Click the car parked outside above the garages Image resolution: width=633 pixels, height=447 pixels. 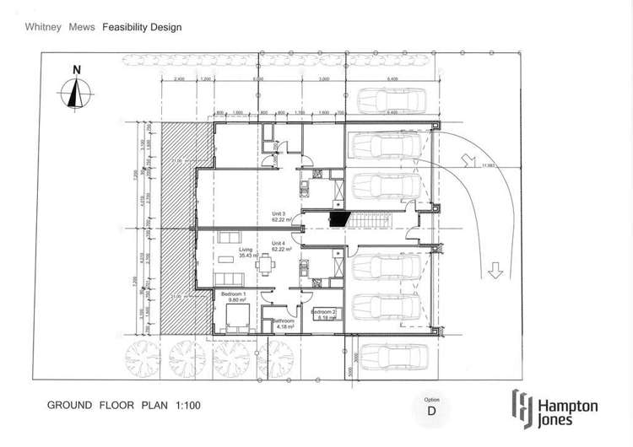[x=389, y=102]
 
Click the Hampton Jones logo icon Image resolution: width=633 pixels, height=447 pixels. [x=522, y=407]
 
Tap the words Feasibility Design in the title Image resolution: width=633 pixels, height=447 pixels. [x=142, y=27]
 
